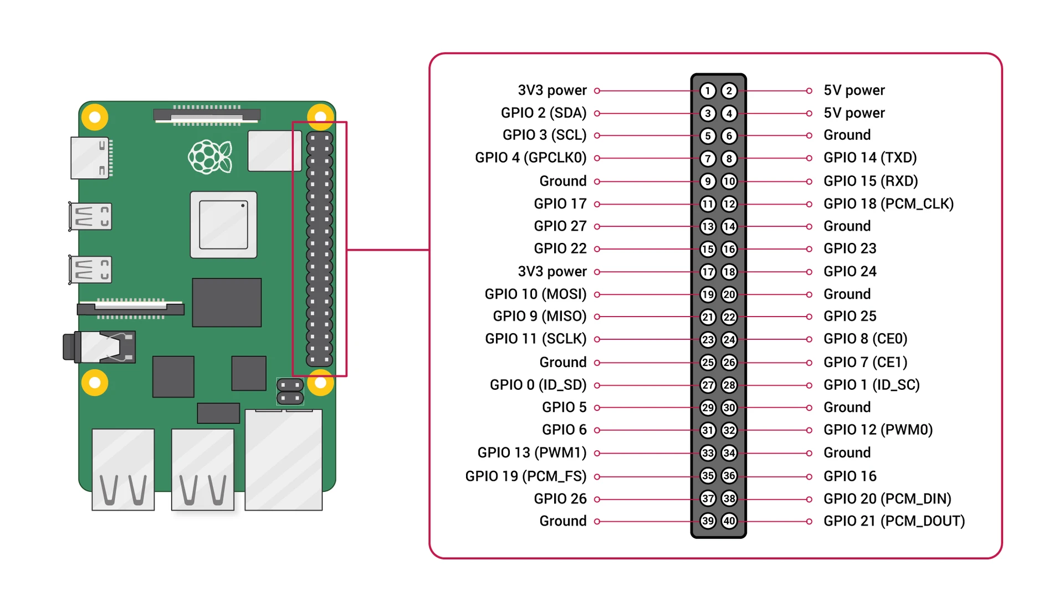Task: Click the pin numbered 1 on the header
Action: [708, 90]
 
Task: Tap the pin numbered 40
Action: [729, 521]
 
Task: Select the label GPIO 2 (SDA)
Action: [543, 113]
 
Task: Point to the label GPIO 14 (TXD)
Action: [869, 158]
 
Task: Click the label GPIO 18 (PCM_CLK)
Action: [888, 204]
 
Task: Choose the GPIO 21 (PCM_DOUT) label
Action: [893, 521]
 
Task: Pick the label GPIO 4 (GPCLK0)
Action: [530, 158]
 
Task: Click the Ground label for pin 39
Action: [562, 521]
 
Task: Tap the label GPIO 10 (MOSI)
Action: [535, 294]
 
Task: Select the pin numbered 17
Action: [708, 272]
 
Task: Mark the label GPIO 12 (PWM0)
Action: [878, 430]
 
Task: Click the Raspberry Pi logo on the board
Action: [209, 157]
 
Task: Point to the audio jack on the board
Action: [100, 347]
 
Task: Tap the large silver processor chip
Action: [223, 225]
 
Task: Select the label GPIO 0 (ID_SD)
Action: [538, 385]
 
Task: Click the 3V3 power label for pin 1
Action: [552, 90]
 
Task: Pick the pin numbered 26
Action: [729, 363]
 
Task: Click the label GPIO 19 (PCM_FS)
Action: [525, 476]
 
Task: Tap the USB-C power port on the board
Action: [90, 158]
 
